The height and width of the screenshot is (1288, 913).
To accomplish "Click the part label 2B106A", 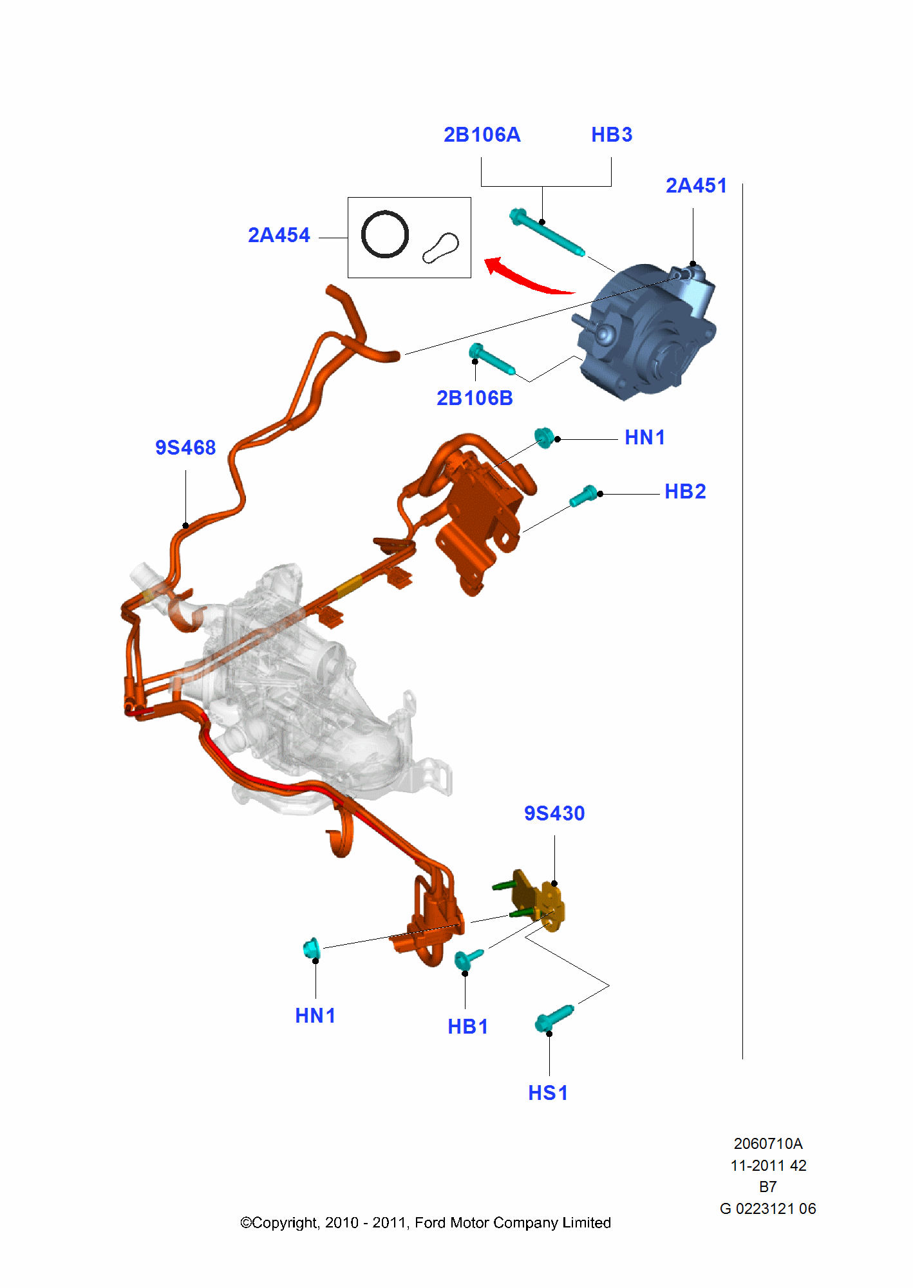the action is point(482,135).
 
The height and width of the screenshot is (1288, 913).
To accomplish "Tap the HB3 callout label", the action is point(612,135).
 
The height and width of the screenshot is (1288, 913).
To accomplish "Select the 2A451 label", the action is point(696,185).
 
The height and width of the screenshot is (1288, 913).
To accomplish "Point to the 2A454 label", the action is point(279,235).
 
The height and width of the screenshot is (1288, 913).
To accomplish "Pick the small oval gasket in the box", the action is point(441,248).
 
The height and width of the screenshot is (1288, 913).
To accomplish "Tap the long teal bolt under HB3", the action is point(547,232).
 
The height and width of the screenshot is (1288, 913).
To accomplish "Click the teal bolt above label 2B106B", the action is point(492,359).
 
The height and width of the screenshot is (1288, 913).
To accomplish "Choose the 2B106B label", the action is point(475,398).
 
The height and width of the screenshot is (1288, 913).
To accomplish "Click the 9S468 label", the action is point(185,448).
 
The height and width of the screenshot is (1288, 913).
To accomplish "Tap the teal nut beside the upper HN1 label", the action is point(544,438).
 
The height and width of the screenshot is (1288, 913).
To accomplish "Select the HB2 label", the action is point(685,491).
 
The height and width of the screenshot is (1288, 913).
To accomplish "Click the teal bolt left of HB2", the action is point(584,496).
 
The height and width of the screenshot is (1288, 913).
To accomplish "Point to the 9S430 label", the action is point(554,813).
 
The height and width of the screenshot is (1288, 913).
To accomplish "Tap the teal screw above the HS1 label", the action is point(554,1018).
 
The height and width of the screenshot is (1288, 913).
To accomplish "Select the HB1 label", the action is point(467,1027).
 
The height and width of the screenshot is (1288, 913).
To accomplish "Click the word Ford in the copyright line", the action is point(429,1222).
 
